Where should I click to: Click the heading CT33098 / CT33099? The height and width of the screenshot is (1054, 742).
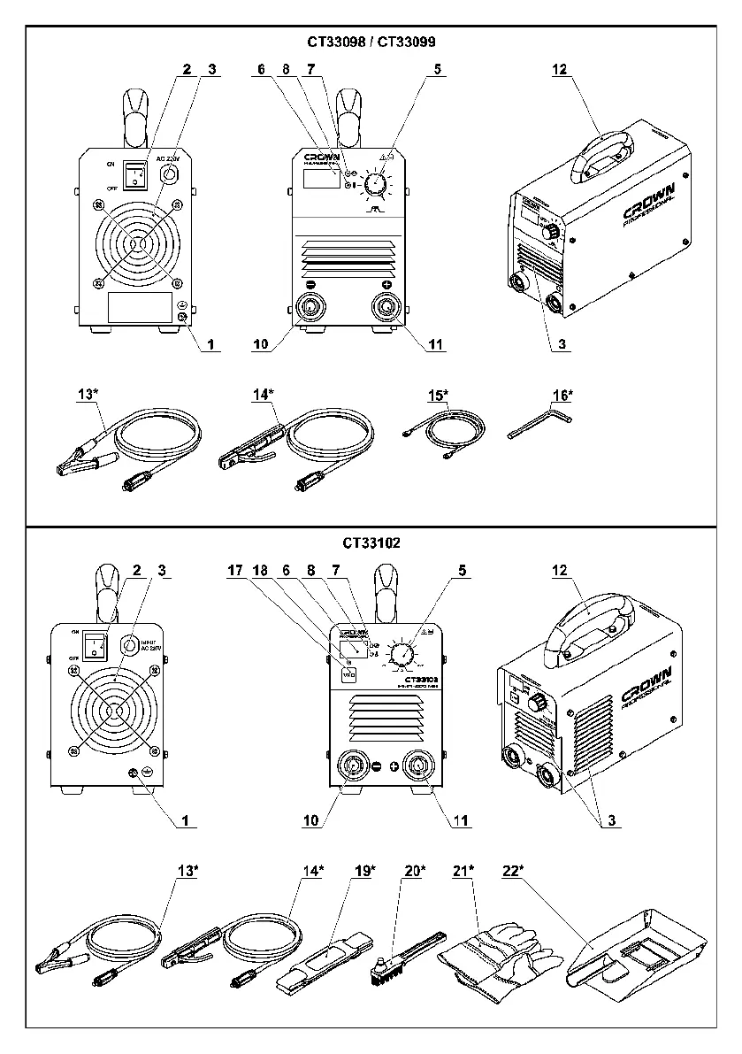click(371, 42)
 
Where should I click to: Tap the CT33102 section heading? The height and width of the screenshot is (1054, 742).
click(371, 543)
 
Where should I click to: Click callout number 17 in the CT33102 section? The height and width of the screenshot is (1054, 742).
click(234, 573)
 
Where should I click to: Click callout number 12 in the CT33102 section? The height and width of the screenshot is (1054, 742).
click(559, 573)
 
